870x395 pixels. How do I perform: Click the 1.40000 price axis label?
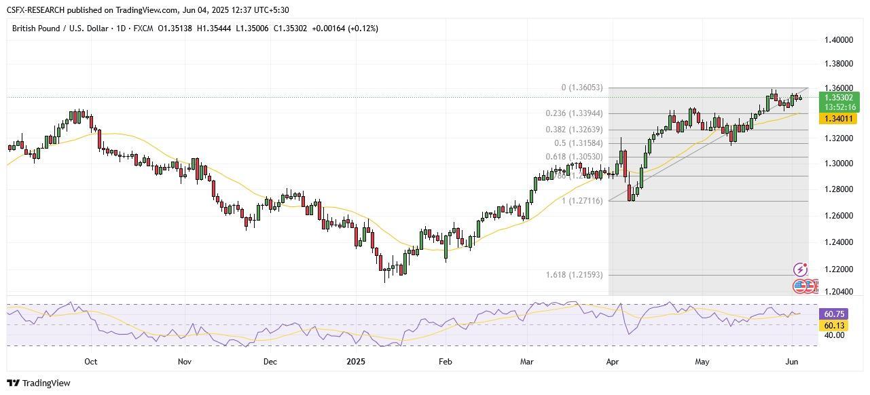click(x=838, y=40)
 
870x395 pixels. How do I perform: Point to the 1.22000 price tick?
click(x=838, y=269)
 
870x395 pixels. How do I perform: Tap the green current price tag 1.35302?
click(x=839, y=97)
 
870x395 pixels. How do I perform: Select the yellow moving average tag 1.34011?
click(x=839, y=119)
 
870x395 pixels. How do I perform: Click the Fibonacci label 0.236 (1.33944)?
click(x=574, y=113)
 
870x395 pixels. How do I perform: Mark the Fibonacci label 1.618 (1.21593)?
click(x=574, y=275)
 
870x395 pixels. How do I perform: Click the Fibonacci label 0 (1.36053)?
click(x=582, y=88)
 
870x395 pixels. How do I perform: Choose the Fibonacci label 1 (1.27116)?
click(x=582, y=201)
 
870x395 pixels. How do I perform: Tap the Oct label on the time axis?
click(x=90, y=362)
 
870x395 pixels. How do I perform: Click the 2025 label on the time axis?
click(x=356, y=362)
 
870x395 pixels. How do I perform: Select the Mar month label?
click(x=527, y=362)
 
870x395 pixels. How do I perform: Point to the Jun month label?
click(x=791, y=362)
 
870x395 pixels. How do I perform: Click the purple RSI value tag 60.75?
click(x=833, y=314)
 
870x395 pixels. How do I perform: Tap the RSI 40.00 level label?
click(x=833, y=335)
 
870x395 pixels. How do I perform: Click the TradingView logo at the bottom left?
click(x=38, y=383)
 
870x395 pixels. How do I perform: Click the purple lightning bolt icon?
click(x=800, y=270)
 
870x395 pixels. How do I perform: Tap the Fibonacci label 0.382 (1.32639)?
click(x=574, y=130)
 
